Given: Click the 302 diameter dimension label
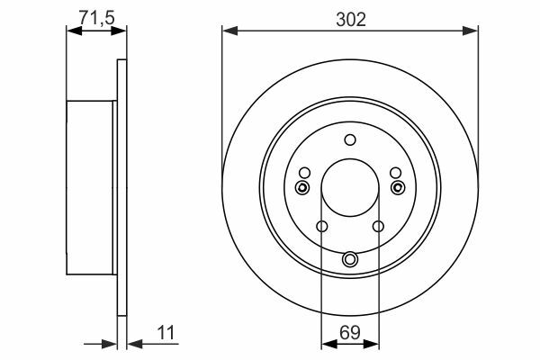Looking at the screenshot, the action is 351,20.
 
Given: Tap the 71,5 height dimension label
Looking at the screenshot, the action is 96,17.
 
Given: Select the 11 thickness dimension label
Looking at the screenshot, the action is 166,333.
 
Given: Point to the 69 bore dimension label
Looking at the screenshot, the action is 349,333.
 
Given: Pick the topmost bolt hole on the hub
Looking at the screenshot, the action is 350,139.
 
